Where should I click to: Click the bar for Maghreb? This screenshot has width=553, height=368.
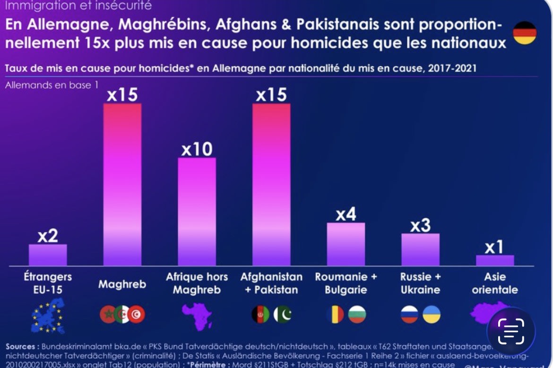(122, 184)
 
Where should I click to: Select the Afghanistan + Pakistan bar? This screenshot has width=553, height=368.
(271, 184)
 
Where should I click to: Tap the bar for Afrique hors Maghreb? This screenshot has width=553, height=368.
(197, 211)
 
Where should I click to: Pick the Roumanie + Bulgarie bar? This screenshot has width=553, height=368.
(346, 244)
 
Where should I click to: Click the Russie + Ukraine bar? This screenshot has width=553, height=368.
(420, 249)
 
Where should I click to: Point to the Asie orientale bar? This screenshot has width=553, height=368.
(494, 260)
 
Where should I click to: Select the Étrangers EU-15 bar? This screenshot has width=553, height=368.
(48, 255)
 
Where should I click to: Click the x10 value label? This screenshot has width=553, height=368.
(197, 149)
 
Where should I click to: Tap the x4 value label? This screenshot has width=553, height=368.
(346, 214)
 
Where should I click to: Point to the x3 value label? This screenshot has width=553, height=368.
(420, 225)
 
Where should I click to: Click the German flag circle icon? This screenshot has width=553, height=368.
(525, 33)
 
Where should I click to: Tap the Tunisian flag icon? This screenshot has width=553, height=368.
(137, 314)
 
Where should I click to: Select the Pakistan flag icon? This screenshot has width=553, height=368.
(283, 314)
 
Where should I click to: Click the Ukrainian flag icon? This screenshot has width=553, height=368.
(431, 314)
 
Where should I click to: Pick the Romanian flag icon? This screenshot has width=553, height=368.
(335, 314)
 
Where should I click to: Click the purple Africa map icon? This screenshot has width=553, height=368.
(197, 316)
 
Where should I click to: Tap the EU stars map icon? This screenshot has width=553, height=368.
(48, 315)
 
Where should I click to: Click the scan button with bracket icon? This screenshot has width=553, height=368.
(511, 331)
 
